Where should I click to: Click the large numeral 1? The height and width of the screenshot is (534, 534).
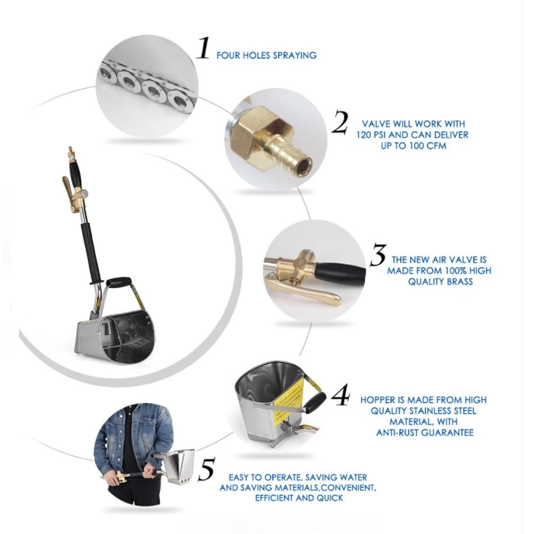click(x=203, y=48)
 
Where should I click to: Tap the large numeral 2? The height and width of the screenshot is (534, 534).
click(x=340, y=122)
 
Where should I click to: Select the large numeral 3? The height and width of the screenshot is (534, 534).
click(x=378, y=254)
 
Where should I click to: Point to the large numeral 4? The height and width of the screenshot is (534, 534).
click(x=341, y=395)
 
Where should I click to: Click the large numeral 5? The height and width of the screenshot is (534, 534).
click(x=207, y=469)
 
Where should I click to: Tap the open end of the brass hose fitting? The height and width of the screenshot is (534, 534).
click(x=303, y=167)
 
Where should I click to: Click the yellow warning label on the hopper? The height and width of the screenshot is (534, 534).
click(x=287, y=398)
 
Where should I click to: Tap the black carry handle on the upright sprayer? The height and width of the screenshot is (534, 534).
click(x=119, y=282)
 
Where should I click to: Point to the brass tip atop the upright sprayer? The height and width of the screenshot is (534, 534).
click(x=70, y=152)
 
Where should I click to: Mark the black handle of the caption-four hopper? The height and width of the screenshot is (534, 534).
click(x=316, y=402)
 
